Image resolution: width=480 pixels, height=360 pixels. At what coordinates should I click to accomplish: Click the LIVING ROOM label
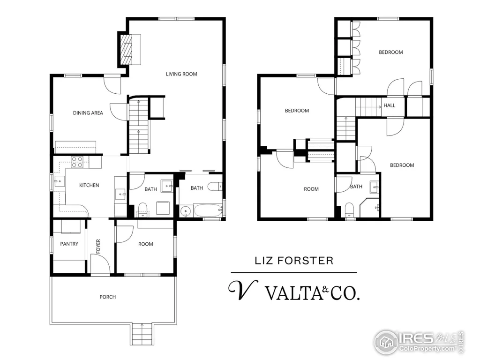click(181, 74)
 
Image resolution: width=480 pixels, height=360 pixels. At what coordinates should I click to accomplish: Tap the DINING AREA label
click(88, 113)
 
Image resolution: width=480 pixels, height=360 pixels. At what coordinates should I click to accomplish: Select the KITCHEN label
click(89, 185)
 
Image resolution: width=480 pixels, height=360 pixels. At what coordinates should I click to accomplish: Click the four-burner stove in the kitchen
click(77, 162)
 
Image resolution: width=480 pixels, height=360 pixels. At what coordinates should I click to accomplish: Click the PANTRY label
click(69, 244)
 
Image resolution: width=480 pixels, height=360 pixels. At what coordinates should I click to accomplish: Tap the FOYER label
click(98, 247)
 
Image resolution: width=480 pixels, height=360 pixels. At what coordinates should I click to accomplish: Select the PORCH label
click(108, 297)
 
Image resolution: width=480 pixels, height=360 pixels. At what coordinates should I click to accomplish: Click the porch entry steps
click(142, 334)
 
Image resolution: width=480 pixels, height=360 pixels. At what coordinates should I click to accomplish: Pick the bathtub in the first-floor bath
click(208, 210)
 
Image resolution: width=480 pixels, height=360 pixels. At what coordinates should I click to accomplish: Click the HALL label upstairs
click(390, 105)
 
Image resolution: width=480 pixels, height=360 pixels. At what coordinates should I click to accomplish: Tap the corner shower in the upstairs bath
click(370, 208)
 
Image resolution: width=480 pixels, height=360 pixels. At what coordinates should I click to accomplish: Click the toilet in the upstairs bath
click(349, 210)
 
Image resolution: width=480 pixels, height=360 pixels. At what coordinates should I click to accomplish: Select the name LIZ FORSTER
click(294, 261)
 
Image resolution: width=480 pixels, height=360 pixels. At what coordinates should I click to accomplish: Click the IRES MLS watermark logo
click(419, 342)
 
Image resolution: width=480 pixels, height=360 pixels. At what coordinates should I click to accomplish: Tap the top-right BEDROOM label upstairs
click(391, 52)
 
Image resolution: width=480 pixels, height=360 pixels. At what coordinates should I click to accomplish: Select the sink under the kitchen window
click(60, 181)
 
